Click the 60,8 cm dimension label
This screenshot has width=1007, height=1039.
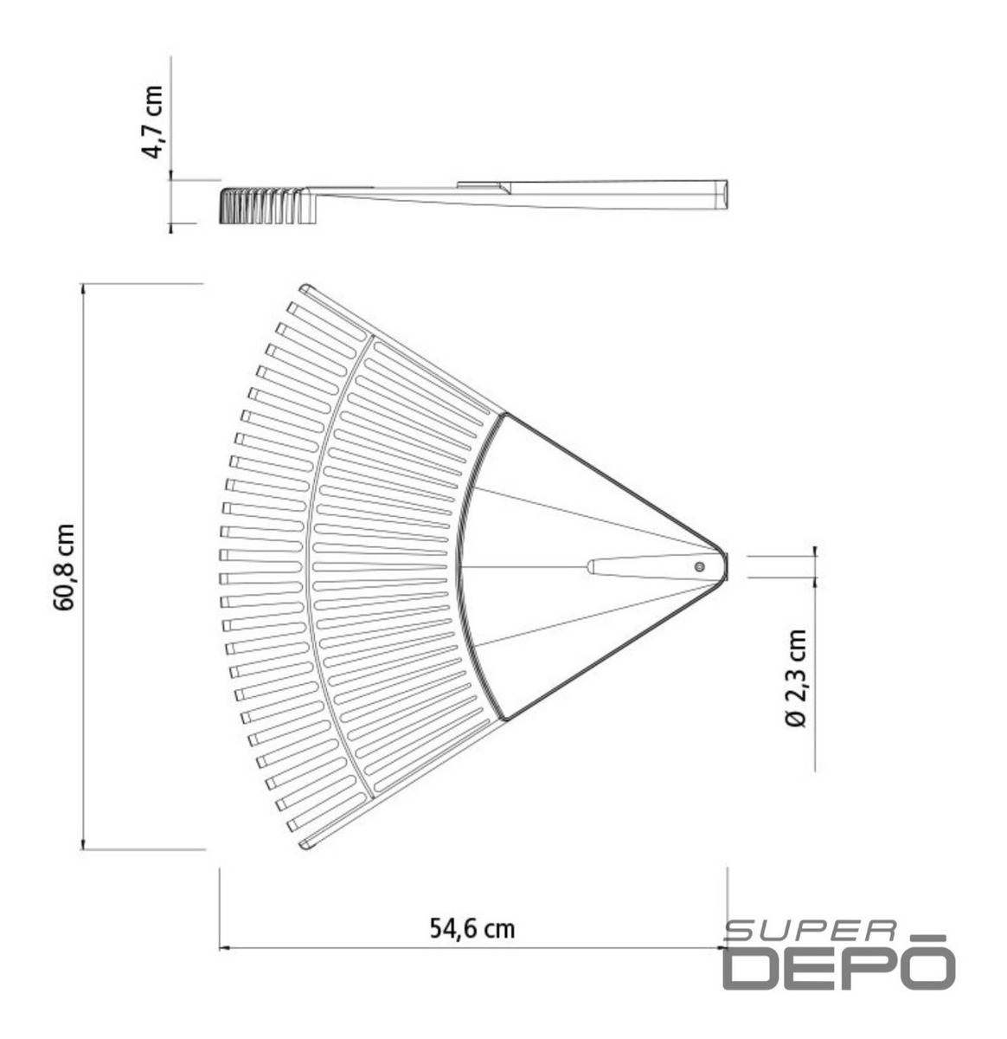[x=64, y=567]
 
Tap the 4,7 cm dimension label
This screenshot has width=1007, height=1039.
[x=152, y=122]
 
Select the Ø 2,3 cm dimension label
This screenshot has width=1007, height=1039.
[x=796, y=678]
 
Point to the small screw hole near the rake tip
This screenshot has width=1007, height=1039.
[x=700, y=566]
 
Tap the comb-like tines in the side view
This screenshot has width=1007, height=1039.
[x=266, y=205]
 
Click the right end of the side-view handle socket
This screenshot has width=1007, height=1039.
[x=728, y=194]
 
